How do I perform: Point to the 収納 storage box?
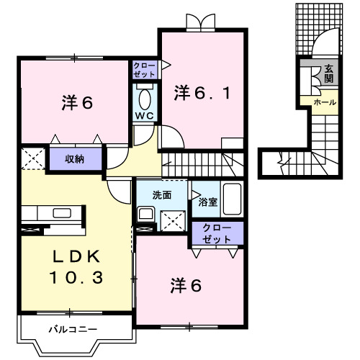76,158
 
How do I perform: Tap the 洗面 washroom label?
162,194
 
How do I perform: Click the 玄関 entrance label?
328,73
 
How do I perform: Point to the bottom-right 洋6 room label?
186,286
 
